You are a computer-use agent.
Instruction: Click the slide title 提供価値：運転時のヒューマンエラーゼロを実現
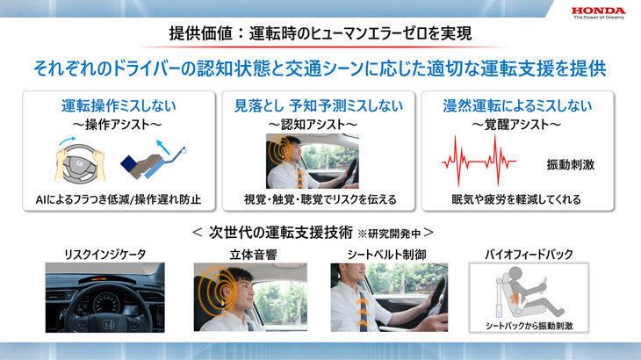320,34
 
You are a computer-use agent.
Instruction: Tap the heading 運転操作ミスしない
119,107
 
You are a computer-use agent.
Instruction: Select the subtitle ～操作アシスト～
119,126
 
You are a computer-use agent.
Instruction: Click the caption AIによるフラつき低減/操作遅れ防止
119,199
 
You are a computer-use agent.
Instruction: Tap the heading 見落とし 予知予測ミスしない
320,107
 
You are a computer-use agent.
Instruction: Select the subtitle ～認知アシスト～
320,126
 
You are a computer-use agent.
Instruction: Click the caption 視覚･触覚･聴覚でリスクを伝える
320,199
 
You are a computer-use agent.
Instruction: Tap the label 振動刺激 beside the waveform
570,164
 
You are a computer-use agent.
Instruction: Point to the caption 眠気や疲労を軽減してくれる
516,199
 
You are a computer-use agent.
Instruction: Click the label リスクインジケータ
104,255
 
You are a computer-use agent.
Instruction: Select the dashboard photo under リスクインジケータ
104,296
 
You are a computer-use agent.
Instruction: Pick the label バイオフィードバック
529,255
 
